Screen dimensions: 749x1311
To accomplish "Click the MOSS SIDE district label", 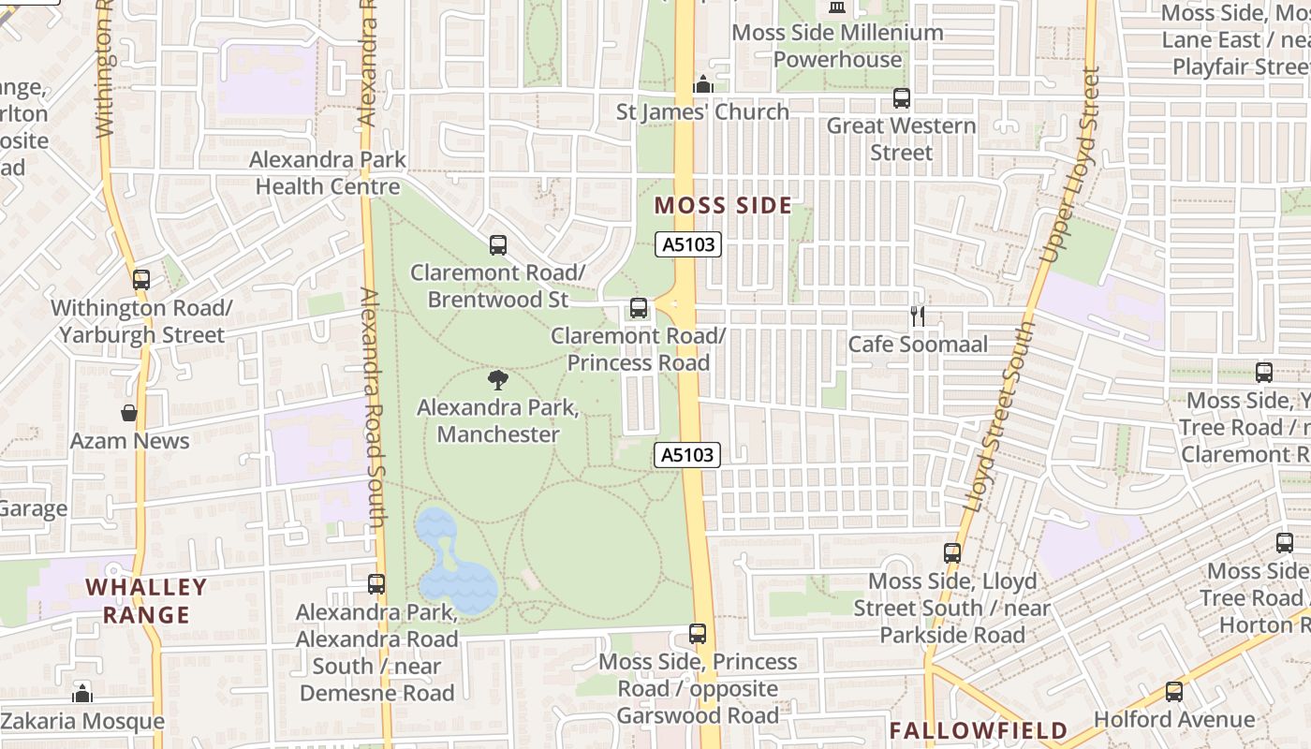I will [723, 206].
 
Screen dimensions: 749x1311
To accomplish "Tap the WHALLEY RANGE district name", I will [146, 601].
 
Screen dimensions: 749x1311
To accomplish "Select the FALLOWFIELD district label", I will [978, 730].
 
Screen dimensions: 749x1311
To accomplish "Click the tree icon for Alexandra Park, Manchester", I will [498, 380].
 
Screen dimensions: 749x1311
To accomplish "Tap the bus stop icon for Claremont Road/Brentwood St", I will [498, 245].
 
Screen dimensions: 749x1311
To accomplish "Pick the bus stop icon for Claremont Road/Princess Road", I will [639, 307].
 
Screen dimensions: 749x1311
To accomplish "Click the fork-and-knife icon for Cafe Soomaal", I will [918, 316].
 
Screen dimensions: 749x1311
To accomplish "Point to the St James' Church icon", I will [703, 85].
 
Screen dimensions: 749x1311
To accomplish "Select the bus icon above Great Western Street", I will [901, 97].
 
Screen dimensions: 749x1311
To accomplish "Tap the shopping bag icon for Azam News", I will [129, 413].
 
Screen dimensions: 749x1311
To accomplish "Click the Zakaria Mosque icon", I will [82, 694].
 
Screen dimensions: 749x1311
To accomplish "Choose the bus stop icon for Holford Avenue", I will [1174, 692].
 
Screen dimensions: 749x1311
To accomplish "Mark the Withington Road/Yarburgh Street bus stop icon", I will [141, 279].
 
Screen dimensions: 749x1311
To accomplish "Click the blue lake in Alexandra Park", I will [453, 572].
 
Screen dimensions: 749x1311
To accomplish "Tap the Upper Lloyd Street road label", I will [1068, 165].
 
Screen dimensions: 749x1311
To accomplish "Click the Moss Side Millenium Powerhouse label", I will [837, 45].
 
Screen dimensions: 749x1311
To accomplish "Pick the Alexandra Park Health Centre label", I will [328, 172].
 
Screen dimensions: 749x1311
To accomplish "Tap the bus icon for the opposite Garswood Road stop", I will [698, 634].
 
